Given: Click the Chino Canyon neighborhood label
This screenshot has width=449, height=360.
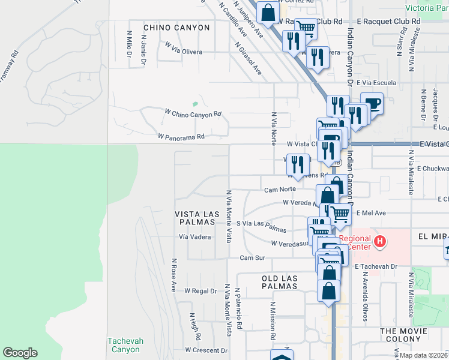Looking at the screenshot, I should point(176,28).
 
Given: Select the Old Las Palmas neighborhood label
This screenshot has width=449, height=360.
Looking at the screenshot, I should point(280,282).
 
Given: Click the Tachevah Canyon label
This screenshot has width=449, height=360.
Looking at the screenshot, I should point(125,345).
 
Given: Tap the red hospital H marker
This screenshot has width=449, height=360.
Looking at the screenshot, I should point(379,242).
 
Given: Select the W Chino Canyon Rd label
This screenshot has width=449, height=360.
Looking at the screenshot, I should point(193,113).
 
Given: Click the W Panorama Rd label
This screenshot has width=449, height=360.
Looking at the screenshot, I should point(181,137).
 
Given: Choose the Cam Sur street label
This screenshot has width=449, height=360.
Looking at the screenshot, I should point(252,258).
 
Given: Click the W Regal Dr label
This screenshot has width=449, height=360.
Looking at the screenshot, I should point(200,290).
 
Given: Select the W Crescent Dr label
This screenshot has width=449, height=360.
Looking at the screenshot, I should point(206,350).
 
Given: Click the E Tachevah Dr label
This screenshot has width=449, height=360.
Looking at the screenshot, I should point(376,266).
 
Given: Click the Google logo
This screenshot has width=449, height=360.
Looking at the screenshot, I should point(20,353).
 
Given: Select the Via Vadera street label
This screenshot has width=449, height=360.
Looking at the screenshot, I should point(194,237).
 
